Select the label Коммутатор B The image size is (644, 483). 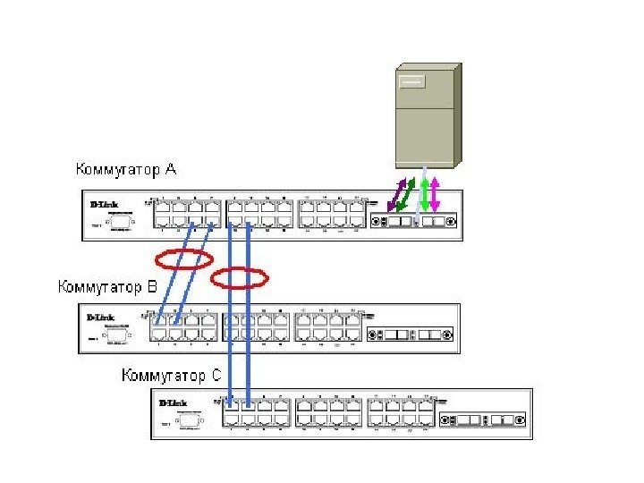107,287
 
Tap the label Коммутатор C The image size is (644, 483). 171,375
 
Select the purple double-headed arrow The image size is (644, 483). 392,194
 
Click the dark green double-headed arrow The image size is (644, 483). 405,194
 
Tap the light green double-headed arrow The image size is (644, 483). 424,194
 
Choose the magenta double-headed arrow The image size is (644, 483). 436,194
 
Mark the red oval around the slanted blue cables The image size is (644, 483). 183,260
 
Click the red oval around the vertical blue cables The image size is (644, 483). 239,278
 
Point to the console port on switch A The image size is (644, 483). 120,220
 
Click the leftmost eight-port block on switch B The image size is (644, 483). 185,327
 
